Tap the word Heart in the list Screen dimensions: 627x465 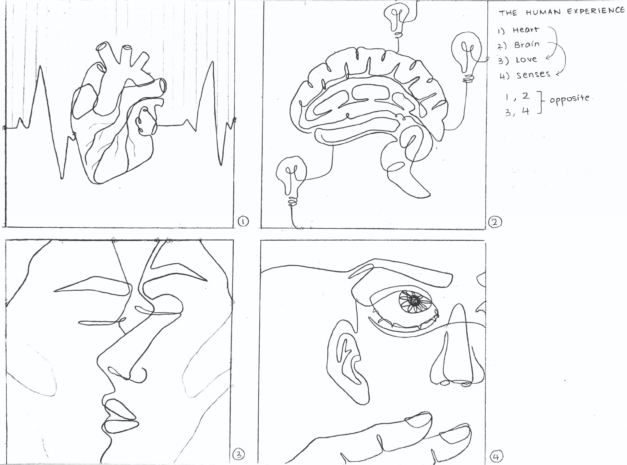526,30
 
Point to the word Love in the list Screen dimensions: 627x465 526,60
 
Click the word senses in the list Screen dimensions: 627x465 533,75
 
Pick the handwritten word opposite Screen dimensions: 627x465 569,99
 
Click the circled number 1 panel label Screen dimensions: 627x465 243,221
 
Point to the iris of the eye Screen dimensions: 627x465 415,301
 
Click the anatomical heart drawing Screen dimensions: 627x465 118,113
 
